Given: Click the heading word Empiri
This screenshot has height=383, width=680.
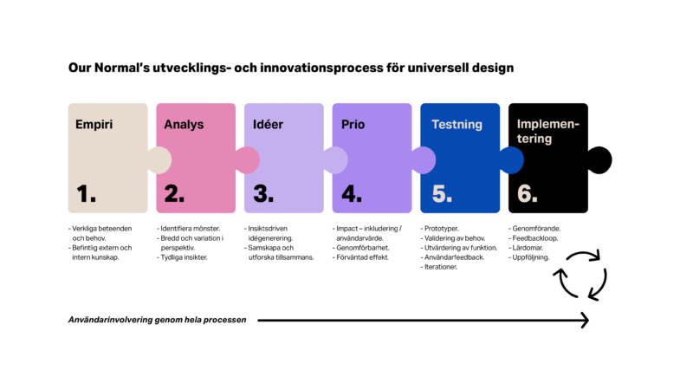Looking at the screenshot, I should coord(94,124).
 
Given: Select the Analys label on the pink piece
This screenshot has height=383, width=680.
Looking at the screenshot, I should coord(184,124).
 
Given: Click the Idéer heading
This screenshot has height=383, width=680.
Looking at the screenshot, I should coord(268,124).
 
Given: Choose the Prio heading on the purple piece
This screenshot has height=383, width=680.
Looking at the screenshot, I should coord(353,124).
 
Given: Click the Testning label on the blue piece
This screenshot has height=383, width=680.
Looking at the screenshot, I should coord(457,124).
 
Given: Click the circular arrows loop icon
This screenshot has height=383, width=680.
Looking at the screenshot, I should coord(580,275).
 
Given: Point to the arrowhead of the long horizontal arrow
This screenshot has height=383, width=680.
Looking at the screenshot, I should coord(584,320).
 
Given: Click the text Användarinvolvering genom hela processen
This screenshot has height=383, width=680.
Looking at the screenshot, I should coord(157,320).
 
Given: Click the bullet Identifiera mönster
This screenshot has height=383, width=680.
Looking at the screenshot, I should coord(191,229).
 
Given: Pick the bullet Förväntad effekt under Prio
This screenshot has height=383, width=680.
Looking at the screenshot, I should coord(362,257).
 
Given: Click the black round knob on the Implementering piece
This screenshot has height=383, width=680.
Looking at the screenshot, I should coord(599,159).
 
